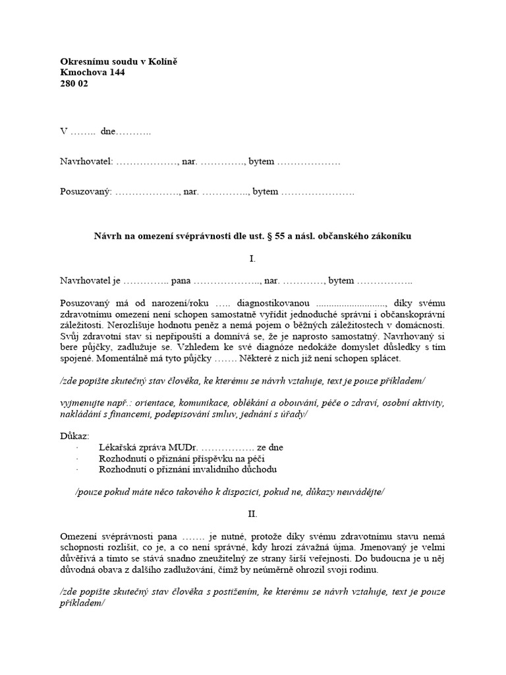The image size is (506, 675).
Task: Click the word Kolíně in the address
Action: click(x=163, y=62)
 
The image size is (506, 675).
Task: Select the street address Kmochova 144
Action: click(x=92, y=73)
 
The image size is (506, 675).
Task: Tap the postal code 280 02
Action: click(x=74, y=84)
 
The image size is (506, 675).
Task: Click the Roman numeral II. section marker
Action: click(x=252, y=513)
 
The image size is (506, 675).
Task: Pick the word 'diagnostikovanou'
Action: click(x=278, y=303)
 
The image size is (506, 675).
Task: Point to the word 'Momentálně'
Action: click(x=85, y=359)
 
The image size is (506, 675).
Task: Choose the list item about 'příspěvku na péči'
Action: click(x=182, y=458)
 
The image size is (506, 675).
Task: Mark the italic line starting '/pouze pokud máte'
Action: click(x=230, y=492)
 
